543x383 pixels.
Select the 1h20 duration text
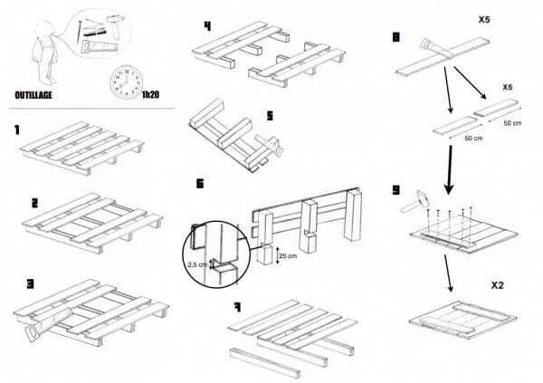151,94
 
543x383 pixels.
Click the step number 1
17,129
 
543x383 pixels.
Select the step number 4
207,25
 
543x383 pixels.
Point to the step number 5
269,115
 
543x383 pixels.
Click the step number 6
201,184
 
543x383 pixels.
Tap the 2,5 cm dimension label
197,265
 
